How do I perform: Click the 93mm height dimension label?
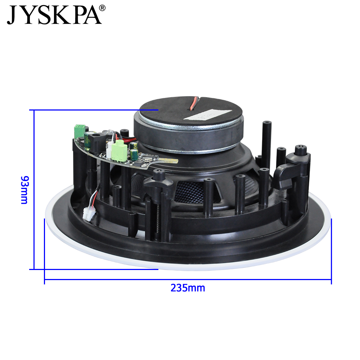24,190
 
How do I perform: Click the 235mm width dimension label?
188,288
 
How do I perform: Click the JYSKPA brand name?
54,15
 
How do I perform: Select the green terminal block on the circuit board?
80,131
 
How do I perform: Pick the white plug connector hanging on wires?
89,214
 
